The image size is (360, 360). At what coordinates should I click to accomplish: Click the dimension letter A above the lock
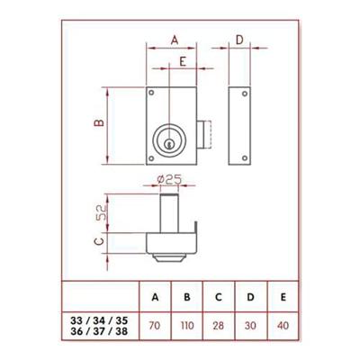pos(174,39)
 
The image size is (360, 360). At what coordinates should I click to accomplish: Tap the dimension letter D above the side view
pos(238,39)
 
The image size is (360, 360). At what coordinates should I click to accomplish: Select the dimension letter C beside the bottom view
pos(98,241)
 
